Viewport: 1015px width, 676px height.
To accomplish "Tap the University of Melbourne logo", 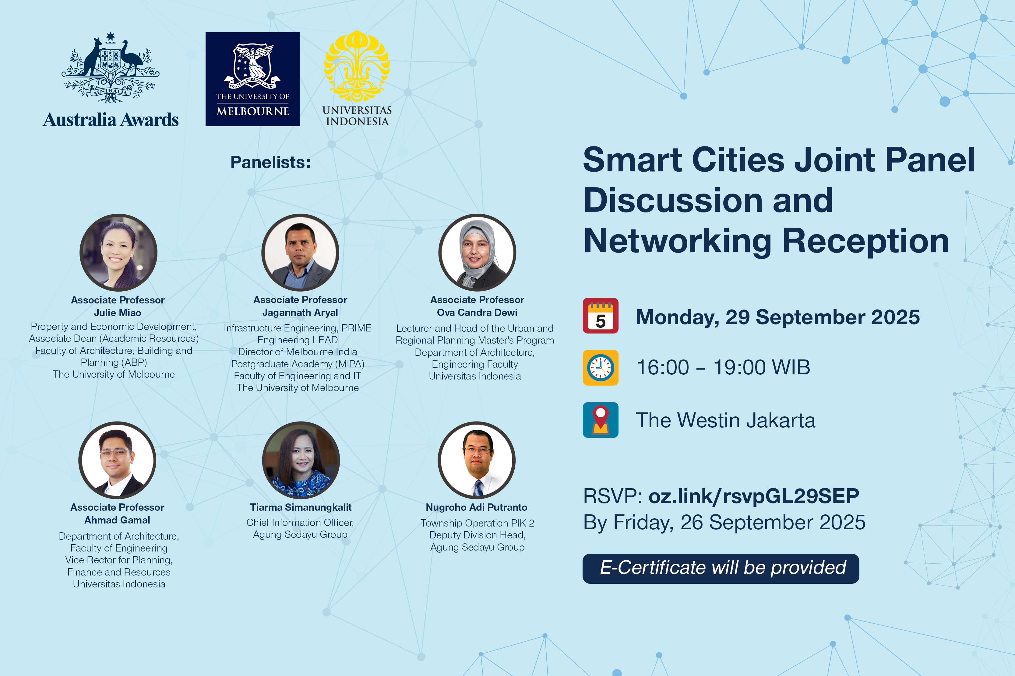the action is pyautogui.click(x=252, y=79).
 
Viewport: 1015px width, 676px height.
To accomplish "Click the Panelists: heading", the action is pyautogui.click(x=270, y=162).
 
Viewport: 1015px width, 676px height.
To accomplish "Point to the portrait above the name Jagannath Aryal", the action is pyautogui.click(x=300, y=253).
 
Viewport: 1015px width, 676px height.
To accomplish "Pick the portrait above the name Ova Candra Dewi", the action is pyautogui.click(x=477, y=253).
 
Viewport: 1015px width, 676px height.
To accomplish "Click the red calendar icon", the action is pyautogui.click(x=601, y=316).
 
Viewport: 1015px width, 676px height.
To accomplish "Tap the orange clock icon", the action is pyautogui.click(x=601, y=368).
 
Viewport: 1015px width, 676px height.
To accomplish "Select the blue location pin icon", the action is pyautogui.click(x=601, y=420).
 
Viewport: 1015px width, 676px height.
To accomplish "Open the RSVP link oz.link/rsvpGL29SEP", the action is pyautogui.click(x=754, y=496).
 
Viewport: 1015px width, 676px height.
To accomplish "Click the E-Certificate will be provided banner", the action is pyautogui.click(x=721, y=568).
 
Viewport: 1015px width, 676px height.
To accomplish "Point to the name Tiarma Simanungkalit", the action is pyautogui.click(x=301, y=507).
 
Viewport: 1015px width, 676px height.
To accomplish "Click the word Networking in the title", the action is pyautogui.click(x=677, y=241).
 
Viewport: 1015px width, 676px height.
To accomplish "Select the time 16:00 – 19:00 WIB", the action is pyautogui.click(x=723, y=367).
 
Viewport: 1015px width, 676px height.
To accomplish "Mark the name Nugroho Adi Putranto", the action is pyautogui.click(x=477, y=507).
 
